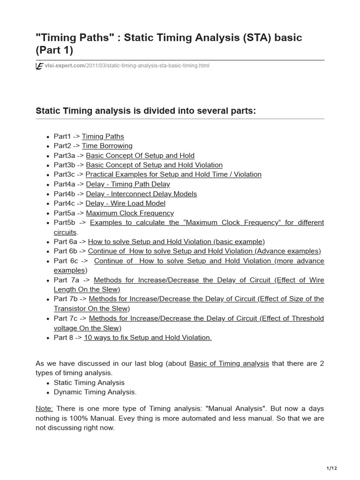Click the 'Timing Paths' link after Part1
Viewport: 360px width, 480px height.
(103, 136)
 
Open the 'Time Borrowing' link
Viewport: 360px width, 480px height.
(107, 146)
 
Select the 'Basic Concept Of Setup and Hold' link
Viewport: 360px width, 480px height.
(140, 155)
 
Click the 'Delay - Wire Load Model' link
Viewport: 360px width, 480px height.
(125, 203)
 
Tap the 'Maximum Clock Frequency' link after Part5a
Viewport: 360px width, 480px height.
(130, 213)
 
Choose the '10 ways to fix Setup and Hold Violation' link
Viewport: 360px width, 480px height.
(148, 337)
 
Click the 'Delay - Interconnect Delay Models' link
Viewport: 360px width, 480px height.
(141, 194)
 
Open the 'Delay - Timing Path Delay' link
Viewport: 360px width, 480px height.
(128, 184)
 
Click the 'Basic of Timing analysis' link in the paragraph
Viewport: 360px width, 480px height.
(229, 363)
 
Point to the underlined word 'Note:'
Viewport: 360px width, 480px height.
(44, 408)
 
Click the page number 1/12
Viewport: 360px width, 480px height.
(331, 468)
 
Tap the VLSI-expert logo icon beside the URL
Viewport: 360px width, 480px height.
(39, 67)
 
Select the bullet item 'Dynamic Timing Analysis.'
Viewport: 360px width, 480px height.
(95, 392)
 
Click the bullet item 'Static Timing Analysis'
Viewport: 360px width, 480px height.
(89, 382)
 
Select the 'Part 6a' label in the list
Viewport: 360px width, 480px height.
(65, 241)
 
